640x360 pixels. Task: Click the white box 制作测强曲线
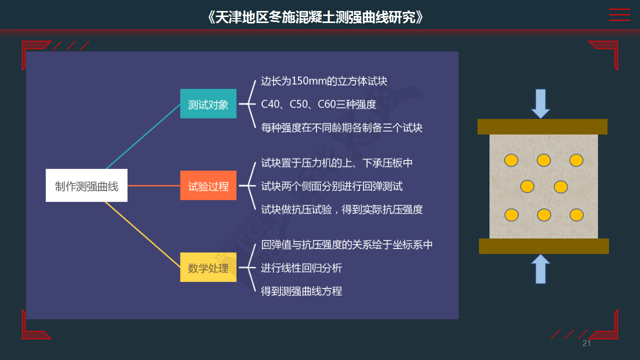86,185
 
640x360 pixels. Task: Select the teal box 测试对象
208,103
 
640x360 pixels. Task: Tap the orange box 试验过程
208,185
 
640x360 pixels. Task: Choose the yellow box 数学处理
208,267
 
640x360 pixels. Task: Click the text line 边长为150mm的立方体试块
324,81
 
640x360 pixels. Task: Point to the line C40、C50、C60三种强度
318,104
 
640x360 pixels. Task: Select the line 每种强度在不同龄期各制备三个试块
341,127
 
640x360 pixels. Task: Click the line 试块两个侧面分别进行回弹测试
331,186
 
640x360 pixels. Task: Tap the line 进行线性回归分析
301,268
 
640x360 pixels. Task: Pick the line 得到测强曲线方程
301,291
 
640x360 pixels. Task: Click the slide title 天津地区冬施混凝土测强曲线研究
315,17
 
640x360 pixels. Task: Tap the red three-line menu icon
619,14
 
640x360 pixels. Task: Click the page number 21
586,343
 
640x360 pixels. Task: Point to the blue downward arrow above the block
540,103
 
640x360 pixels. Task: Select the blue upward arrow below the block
540,269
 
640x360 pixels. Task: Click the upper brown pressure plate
542,126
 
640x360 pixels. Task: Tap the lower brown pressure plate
543,246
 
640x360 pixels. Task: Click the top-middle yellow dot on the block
543,160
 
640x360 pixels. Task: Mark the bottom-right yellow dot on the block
576,215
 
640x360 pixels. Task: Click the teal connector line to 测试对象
143,136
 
